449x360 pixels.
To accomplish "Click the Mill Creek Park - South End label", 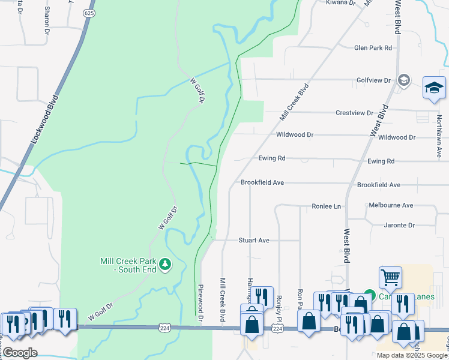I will coord(128,265).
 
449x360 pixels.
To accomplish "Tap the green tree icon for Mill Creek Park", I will coord(165,263).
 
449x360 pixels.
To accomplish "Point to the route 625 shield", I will coord(89,13).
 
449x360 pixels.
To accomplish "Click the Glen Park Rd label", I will coord(373,47).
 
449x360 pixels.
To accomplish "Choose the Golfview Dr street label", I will coord(373,80).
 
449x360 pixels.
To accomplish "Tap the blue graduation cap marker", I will coord(434,88).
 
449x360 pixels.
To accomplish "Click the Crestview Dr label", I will coord(354,113).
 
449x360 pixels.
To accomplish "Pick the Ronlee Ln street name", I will coord(326,206).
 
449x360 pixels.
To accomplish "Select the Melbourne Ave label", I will coord(391,205).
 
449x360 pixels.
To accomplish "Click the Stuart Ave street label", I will coord(254,240).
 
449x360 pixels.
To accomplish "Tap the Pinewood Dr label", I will coord(201,300).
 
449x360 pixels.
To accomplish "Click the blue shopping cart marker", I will coord(390,278).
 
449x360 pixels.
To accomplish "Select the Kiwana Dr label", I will coord(341,3).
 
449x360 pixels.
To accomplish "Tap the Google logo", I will coord(20,353).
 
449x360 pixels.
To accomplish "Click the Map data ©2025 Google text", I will coord(411,355).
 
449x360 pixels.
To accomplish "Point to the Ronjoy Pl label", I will coord(279,307).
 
